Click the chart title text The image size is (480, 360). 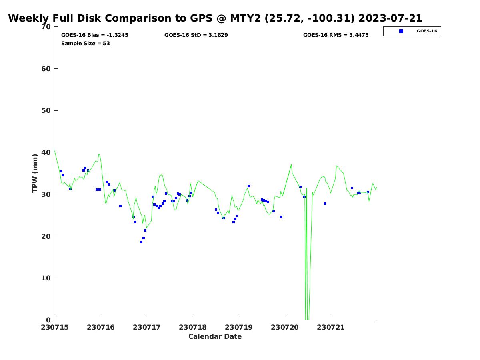click(215, 18)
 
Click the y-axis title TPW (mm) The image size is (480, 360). click(36, 173)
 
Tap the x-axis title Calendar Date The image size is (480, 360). click(215, 336)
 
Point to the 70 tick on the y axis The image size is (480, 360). click(46, 27)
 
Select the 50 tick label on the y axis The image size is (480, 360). click(46, 110)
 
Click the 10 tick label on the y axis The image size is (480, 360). click(46, 278)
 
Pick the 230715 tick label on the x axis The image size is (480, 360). click(55, 327)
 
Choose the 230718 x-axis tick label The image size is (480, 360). click(193, 327)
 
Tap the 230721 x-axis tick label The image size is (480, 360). click(331, 327)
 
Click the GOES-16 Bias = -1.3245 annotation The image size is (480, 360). click(95, 35)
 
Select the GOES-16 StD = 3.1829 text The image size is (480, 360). click(196, 35)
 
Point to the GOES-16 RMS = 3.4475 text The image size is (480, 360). click(336, 35)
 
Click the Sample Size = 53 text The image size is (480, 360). click(86, 44)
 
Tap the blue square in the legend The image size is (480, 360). click(401, 31)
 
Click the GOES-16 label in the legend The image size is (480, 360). click(427, 31)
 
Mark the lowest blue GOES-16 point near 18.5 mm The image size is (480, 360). click(141, 242)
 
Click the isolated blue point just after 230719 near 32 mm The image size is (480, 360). click(249, 186)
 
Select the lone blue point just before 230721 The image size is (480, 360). click(325, 204)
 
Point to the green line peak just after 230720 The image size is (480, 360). click(291, 164)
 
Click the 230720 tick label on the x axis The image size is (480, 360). click(285, 327)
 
